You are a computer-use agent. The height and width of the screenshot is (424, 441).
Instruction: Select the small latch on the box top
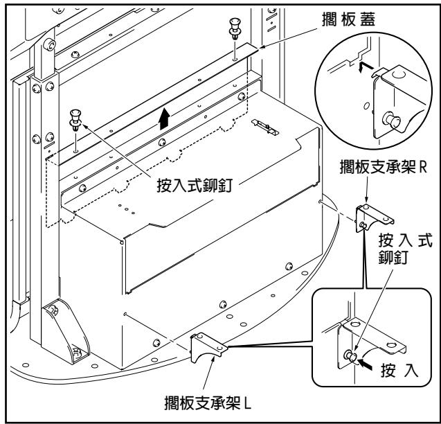(x=265, y=125)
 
